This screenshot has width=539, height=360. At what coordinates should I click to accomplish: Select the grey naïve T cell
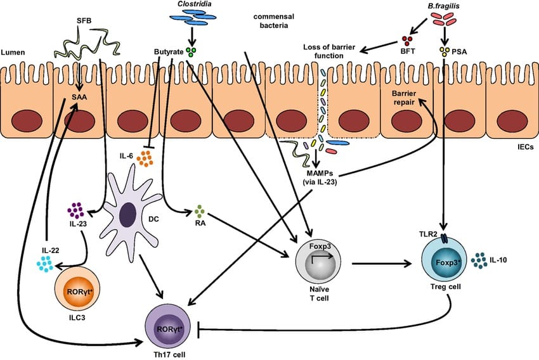click(321, 260)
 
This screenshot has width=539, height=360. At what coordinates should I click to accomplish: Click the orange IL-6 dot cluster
click(145, 158)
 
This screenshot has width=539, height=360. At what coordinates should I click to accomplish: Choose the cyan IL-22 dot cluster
click(45, 264)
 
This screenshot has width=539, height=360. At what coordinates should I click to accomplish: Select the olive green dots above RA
click(200, 210)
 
